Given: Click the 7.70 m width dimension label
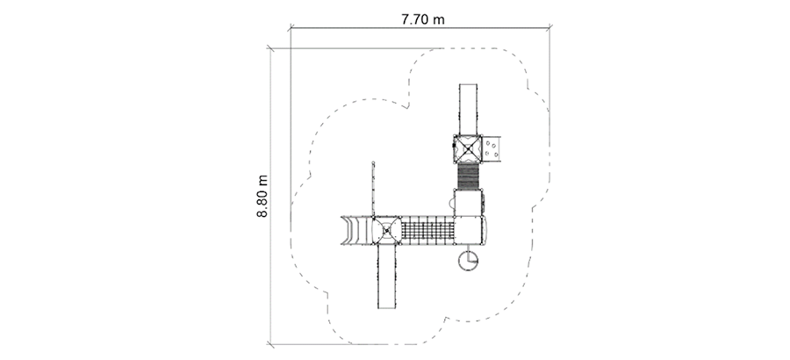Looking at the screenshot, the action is [423, 19].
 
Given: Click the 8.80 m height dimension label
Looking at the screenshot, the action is [262, 196].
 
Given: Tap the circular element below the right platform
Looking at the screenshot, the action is [468, 260].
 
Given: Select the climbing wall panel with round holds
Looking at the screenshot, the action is [492, 148].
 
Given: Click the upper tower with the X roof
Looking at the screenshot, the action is [468, 149].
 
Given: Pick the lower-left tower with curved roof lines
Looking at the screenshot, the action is [386, 230].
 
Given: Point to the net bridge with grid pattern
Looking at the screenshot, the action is [427, 230].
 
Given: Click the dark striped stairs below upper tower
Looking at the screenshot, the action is [468, 176].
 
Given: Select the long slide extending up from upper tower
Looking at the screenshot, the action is [468, 110].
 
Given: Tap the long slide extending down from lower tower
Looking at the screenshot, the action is [386, 277].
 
